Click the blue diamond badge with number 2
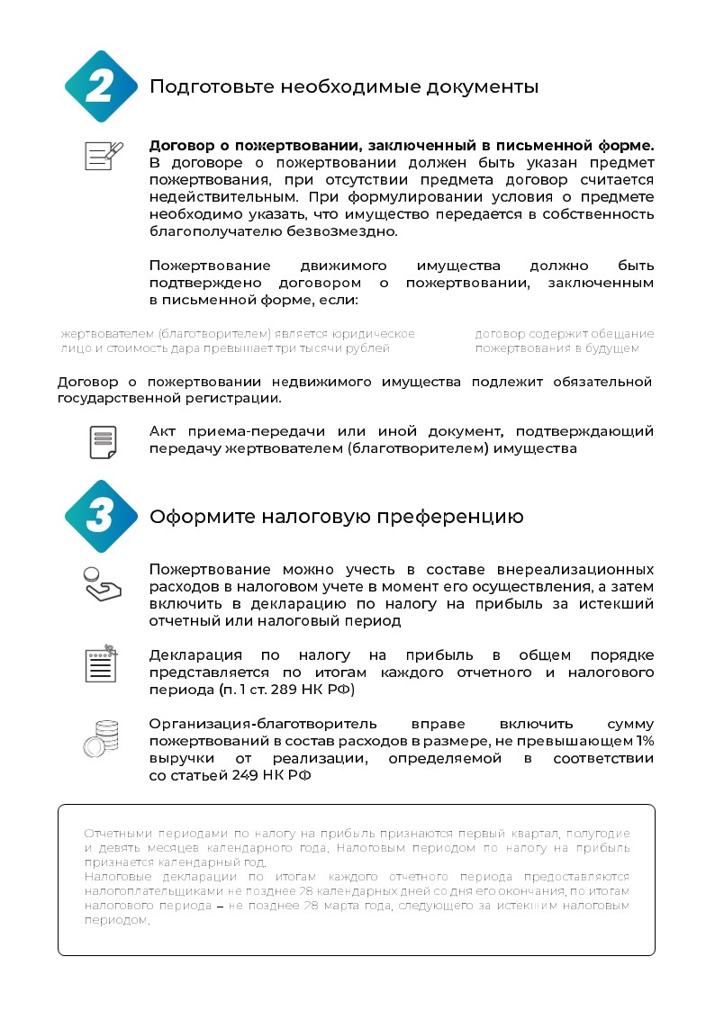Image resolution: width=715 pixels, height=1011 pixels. click(101, 86)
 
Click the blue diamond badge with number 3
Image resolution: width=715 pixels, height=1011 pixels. click(101, 516)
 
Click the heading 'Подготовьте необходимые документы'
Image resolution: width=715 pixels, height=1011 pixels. click(344, 87)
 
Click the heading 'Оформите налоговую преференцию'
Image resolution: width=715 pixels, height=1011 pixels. click(336, 517)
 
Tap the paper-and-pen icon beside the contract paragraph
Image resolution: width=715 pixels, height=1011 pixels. click(104, 155)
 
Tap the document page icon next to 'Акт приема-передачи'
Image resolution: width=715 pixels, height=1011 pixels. click(104, 441)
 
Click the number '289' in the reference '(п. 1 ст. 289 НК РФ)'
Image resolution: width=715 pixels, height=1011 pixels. click(285, 691)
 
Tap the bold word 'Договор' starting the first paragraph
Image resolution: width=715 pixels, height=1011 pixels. click(183, 145)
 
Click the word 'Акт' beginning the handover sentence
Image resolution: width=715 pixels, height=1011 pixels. click(166, 431)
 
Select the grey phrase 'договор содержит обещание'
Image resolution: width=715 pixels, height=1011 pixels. click(565, 334)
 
